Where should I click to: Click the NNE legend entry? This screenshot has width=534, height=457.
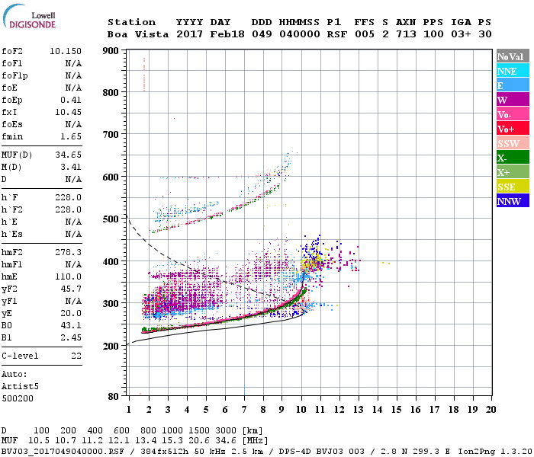[510, 71]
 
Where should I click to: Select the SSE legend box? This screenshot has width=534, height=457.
[510, 187]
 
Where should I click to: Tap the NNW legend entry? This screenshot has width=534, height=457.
[510, 201]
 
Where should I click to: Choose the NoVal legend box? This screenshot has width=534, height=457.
[510, 56]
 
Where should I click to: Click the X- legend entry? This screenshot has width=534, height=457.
[510, 158]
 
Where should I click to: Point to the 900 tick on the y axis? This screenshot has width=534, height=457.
[111, 50]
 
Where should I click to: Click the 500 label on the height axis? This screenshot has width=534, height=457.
[111, 219]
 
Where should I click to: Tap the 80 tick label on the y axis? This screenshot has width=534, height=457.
[114, 397]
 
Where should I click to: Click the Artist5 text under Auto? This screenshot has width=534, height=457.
[21, 386]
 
